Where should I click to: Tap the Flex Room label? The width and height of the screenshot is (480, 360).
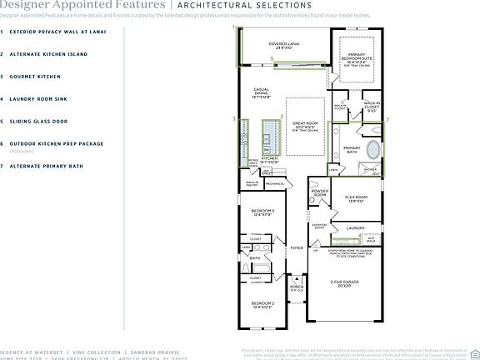click(356, 199)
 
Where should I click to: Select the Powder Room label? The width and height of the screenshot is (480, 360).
click(319, 192)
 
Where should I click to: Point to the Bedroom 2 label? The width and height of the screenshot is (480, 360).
click(262, 305)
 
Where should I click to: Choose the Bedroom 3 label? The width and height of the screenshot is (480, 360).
click(262, 212)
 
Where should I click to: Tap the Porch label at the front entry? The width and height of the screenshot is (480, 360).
click(296, 288)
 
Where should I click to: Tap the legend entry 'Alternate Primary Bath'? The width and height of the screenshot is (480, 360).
click(42, 166)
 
